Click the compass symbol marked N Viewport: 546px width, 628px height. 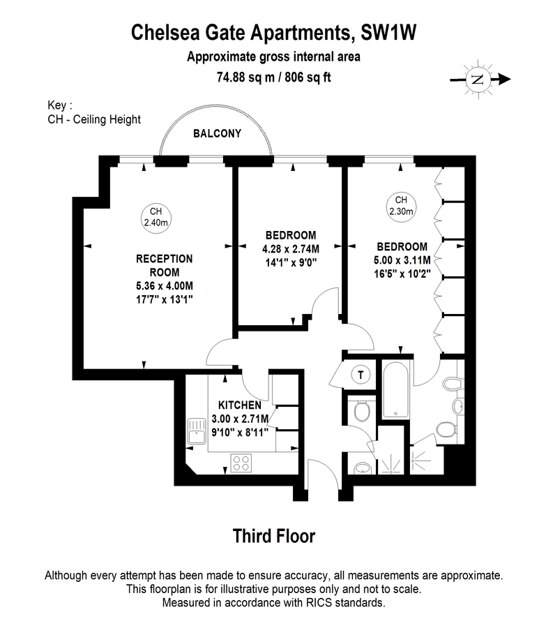click(x=478, y=79)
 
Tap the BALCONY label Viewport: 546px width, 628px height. click(x=217, y=133)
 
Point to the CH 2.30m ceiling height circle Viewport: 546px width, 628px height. click(x=400, y=205)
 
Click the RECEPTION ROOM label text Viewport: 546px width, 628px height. click(x=164, y=265)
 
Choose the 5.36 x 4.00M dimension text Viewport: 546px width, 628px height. click(x=164, y=285)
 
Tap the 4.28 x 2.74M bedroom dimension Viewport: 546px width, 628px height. click(x=290, y=249)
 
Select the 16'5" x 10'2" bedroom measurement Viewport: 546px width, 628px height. click(x=402, y=273)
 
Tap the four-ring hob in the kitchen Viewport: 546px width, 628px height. click(x=242, y=463)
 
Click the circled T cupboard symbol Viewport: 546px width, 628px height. click(x=360, y=375)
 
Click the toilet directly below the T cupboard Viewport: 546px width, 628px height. click(x=361, y=412)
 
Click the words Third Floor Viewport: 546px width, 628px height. click(x=273, y=536)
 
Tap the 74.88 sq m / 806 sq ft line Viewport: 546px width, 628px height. click(x=273, y=76)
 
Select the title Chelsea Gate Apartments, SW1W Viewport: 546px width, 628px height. click(x=273, y=32)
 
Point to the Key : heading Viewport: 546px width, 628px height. click(x=59, y=105)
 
